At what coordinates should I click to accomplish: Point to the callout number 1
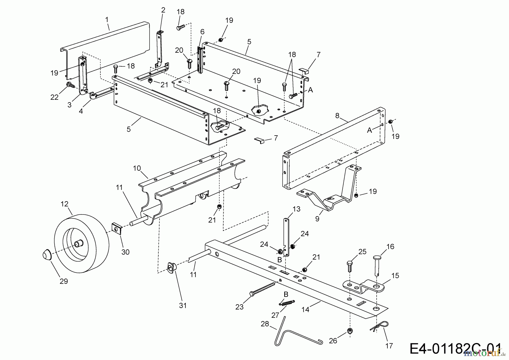(107, 20)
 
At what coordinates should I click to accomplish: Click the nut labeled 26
(350, 331)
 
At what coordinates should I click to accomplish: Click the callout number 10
(137, 168)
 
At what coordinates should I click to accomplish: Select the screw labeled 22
(69, 85)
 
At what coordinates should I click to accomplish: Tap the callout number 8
(337, 116)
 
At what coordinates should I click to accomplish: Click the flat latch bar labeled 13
(287, 236)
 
